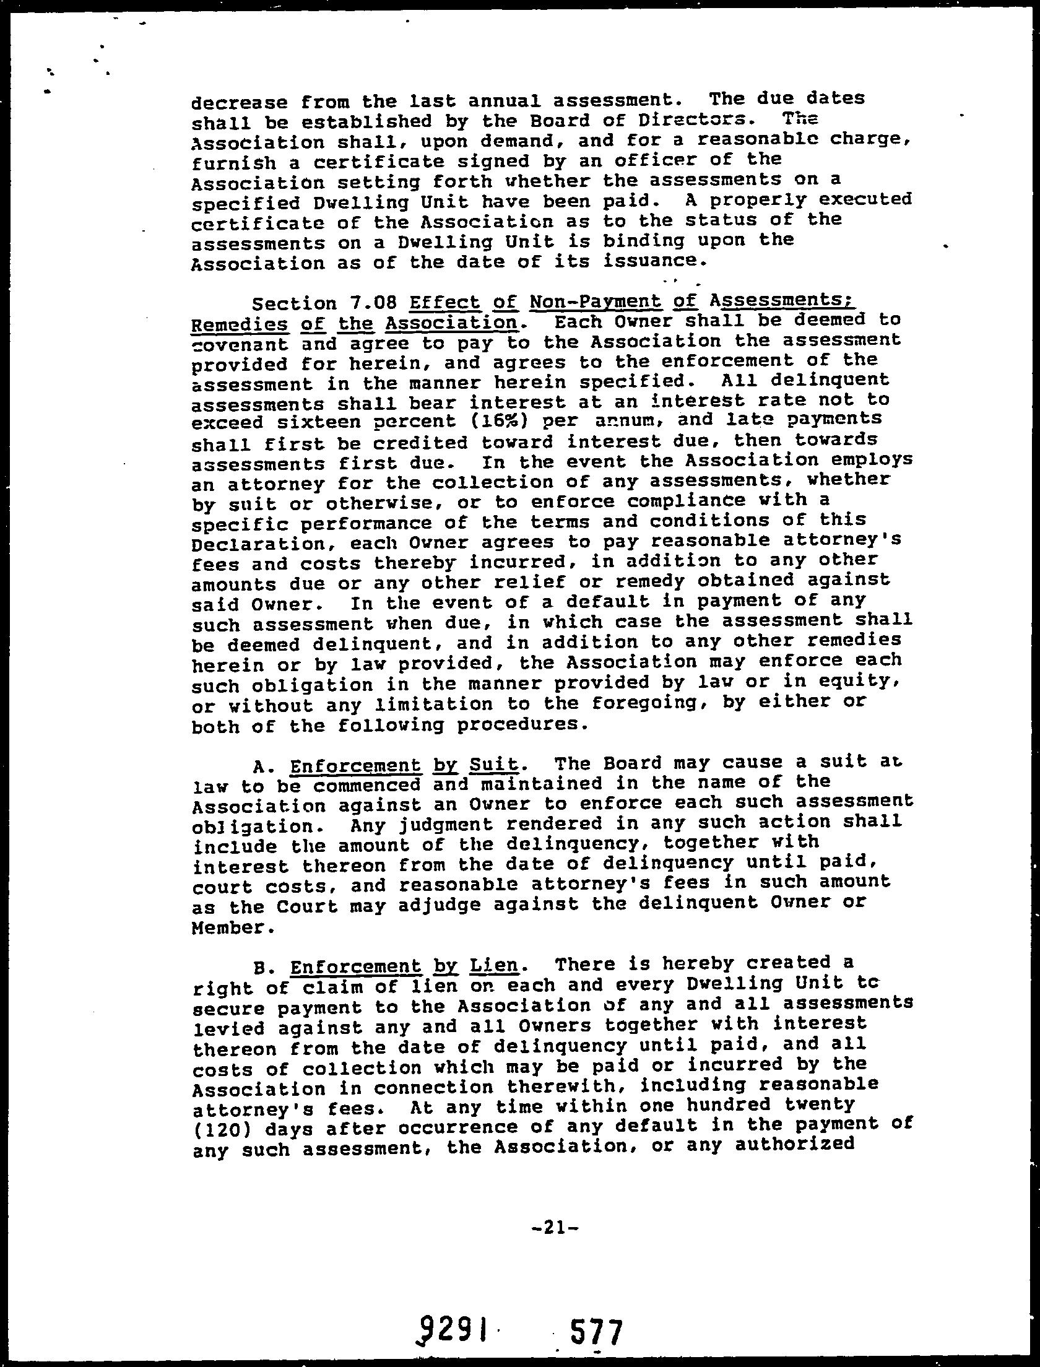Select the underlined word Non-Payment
(595, 302)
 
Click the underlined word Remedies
(240, 324)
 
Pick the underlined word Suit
(493, 765)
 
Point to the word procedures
(518, 724)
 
